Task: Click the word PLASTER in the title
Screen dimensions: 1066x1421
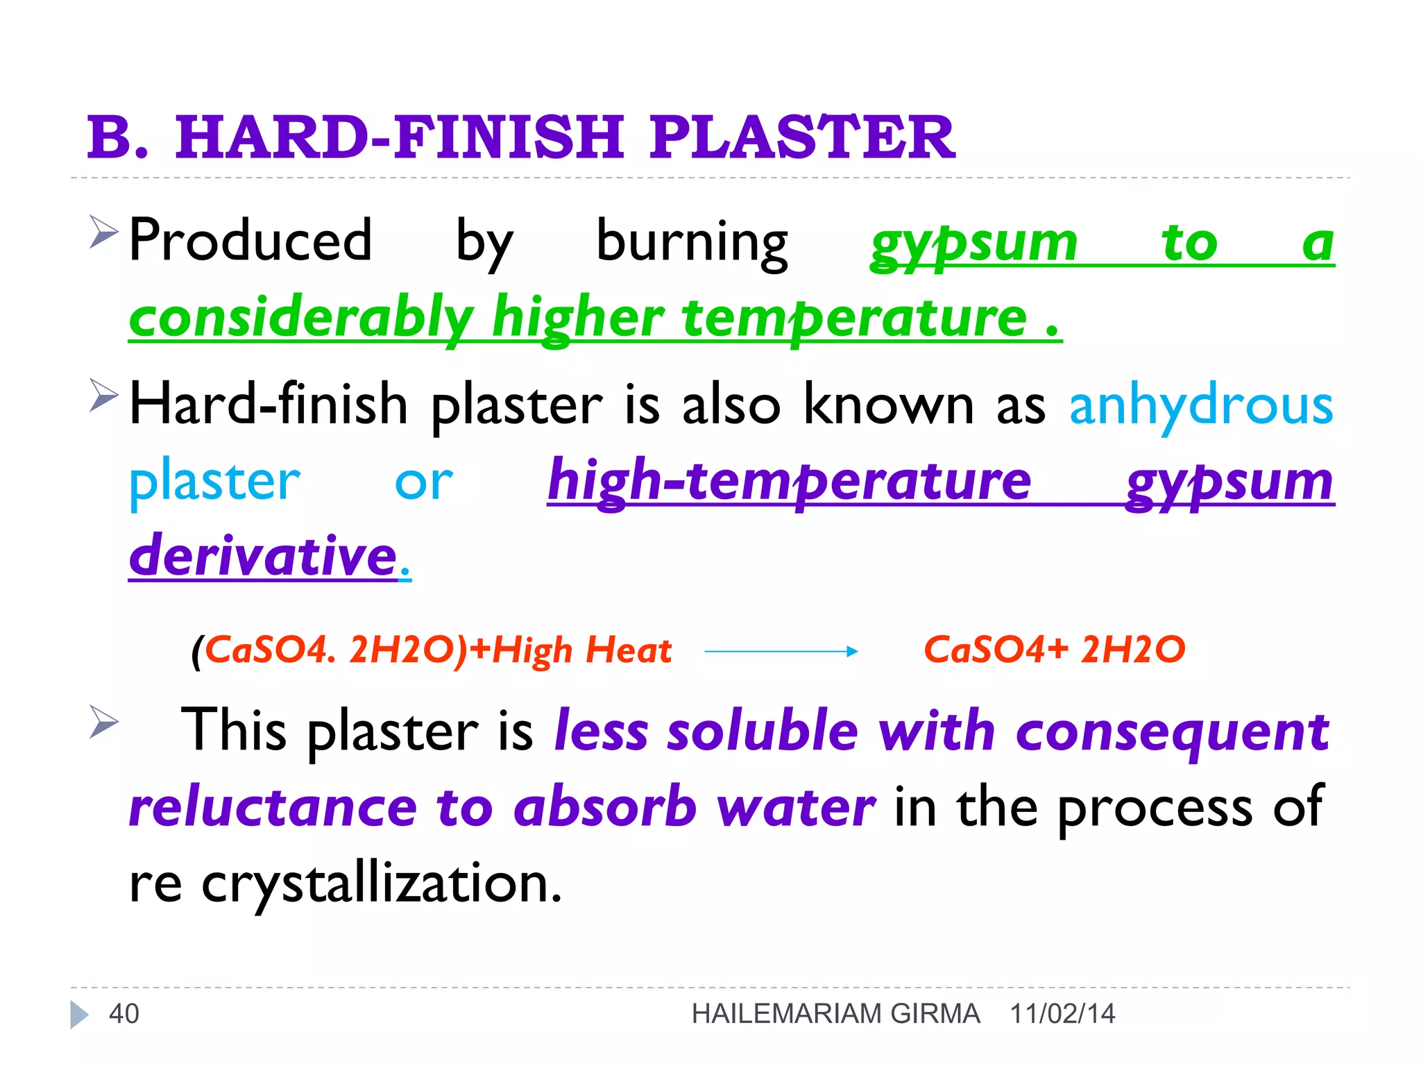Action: point(802,137)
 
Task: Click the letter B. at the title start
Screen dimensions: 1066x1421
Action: point(118,137)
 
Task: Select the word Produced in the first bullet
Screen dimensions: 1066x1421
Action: point(250,241)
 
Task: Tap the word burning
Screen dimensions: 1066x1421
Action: point(692,243)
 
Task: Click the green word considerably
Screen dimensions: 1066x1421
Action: point(301,318)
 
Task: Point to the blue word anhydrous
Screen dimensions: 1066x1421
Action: point(1201,405)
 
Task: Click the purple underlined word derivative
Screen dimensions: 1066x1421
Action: point(263,557)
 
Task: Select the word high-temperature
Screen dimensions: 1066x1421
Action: point(789,482)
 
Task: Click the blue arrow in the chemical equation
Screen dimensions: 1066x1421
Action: point(781,651)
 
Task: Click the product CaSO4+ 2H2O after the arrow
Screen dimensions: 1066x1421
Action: point(1054,650)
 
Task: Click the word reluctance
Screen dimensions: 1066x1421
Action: point(273,808)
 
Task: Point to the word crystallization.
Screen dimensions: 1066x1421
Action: point(381,884)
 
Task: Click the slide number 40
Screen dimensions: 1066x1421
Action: point(124,1014)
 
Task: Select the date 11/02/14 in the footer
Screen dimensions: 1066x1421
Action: point(1062,1014)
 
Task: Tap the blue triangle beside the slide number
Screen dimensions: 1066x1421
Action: point(79,1015)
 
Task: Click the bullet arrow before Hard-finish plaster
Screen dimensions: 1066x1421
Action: point(103,396)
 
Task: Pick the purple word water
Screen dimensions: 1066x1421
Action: point(796,808)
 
